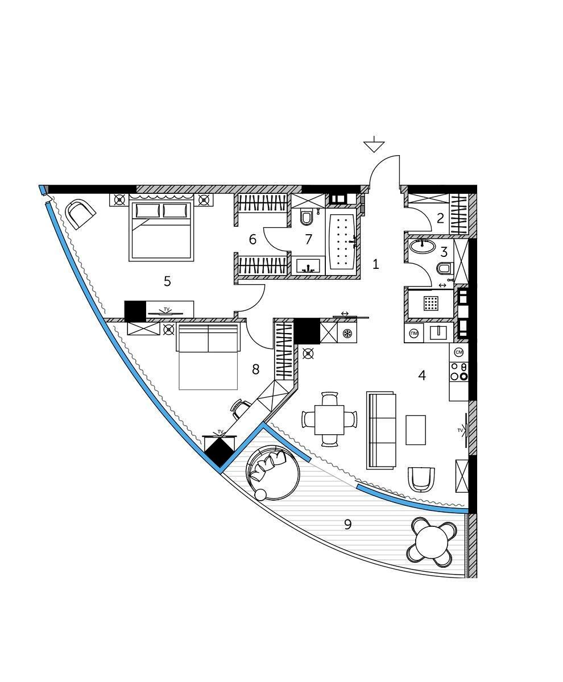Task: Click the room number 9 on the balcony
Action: [347, 524]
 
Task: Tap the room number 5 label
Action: [167, 281]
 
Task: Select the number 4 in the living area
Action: [421, 375]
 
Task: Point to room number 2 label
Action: [440, 218]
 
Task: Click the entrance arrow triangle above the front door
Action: [374, 146]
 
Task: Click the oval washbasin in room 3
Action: [421, 246]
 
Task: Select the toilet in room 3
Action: [444, 268]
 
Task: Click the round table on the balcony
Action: [432, 542]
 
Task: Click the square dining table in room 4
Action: [330, 419]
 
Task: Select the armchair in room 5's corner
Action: [80, 214]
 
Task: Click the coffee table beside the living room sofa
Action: [415, 430]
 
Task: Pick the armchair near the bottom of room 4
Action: [421, 479]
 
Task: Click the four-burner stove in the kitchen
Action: [458, 371]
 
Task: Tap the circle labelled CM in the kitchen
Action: [459, 352]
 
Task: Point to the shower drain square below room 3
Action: [432, 303]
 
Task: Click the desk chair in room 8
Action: [241, 407]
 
